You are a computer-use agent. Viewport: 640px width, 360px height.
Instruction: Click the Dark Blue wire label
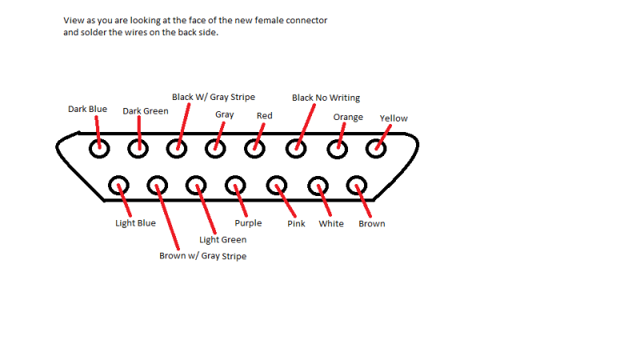[x=87, y=109]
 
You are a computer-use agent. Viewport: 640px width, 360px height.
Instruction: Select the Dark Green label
[x=145, y=111]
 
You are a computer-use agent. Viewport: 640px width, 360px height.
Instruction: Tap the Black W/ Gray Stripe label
[x=214, y=97]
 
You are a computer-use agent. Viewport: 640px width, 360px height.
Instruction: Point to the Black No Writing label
[x=326, y=98]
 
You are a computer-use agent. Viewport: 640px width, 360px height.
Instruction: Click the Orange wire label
[x=348, y=117]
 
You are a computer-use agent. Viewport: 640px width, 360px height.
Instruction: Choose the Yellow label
[x=394, y=118]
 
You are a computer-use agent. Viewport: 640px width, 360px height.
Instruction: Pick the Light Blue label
[x=135, y=223]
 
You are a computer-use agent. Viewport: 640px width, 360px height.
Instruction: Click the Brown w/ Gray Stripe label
[x=202, y=257]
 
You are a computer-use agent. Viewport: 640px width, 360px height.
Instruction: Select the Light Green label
[x=222, y=239]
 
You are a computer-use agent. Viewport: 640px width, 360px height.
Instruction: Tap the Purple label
[x=248, y=223]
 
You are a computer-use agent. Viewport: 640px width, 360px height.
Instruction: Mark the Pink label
[x=296, y=224]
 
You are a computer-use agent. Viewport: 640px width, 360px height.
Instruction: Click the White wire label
[x=331, y=224]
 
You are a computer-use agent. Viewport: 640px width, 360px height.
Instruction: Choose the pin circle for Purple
[x=235, y=186]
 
